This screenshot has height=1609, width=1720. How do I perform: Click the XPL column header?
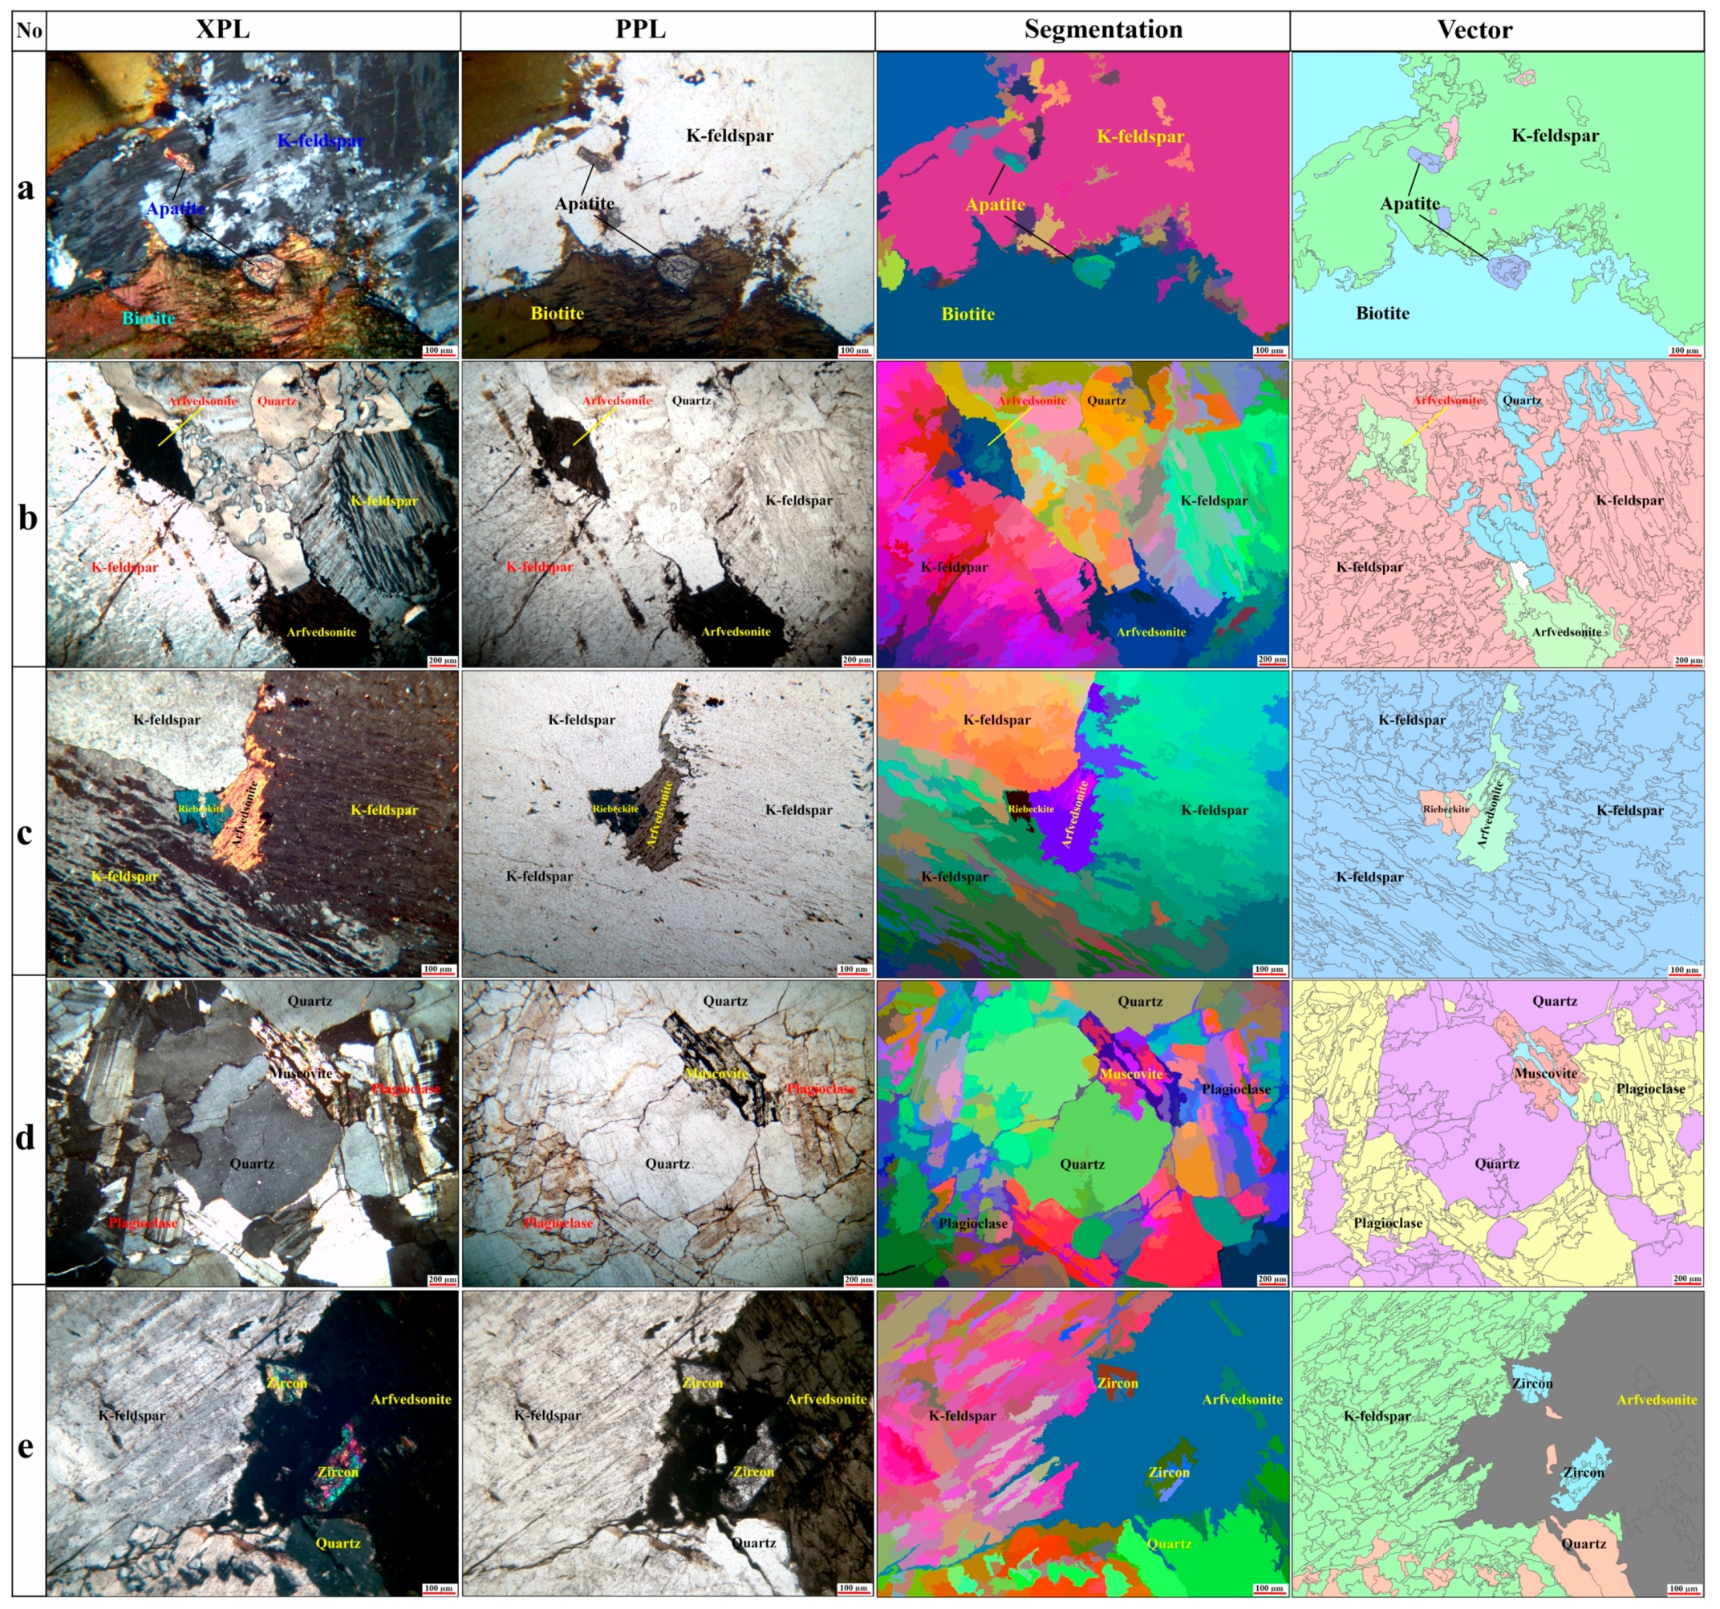(x=222, y=30)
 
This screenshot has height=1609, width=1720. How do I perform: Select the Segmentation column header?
(x=1103, y=30)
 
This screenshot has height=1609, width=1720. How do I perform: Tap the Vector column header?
(x=1475, y=30)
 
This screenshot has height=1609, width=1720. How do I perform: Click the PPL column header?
(x=640, y=30)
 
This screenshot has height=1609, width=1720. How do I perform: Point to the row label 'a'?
(x=26, y=188)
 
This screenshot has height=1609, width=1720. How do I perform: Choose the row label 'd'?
(x=26, y=1137)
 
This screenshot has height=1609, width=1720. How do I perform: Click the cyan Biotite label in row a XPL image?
(x=148, y=318)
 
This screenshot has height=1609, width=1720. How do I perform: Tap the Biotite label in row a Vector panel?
(x=1381, y=313)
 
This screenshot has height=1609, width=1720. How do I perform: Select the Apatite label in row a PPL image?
(x=584, y=203)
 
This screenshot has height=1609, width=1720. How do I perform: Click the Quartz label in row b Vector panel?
(x=1522, y=400)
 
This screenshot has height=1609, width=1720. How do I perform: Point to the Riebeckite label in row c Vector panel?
(x=1446, y=809)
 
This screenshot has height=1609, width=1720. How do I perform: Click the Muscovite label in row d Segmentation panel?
(x=1131, y=1073)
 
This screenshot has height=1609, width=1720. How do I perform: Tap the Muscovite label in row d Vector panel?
(x=1545, y=1072)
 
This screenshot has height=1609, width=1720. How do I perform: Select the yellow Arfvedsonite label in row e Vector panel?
(x=1656, y=1399)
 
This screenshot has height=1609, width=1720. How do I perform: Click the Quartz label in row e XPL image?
(x=338, y=1542)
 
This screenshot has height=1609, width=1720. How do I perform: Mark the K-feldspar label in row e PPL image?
(x=548, y=1415)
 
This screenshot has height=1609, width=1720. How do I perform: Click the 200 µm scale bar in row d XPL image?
(x=441, y=1279)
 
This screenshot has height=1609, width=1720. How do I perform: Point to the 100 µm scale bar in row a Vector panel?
(x=1684, y=351)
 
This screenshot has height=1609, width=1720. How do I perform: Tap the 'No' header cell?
(x=29, y=30)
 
